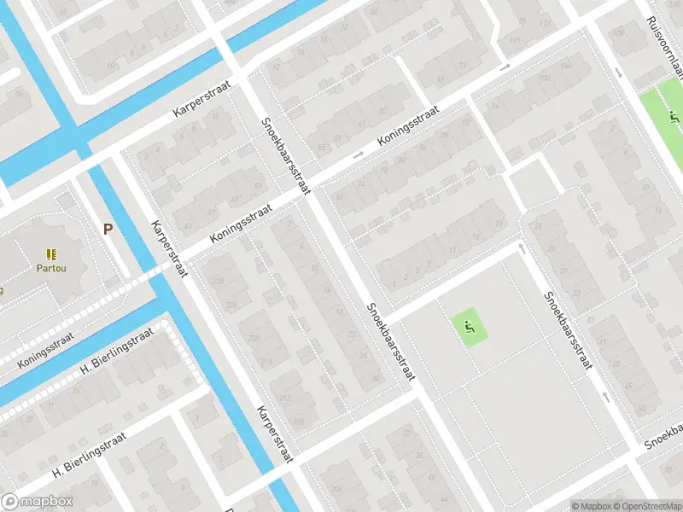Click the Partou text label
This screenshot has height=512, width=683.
52,268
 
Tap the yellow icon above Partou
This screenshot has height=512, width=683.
52,254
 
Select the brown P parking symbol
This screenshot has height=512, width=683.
108,229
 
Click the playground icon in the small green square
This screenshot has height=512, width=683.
469,325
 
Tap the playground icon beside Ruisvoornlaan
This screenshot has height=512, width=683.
673,118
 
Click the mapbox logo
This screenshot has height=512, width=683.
38,502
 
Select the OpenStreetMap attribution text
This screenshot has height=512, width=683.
646,506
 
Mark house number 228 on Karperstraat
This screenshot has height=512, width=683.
219,282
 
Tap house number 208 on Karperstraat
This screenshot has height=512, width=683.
298,421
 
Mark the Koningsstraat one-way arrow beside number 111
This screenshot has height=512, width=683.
505,67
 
